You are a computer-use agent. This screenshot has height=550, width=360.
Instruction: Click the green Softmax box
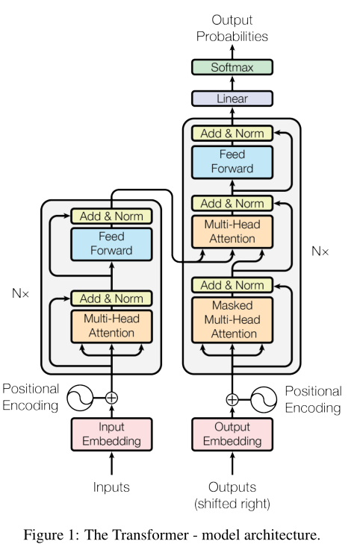click(x=232, y=67)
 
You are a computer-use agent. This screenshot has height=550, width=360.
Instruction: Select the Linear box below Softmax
click(x=232, y=99)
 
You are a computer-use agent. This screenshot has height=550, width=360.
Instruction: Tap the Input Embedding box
click(x=112, y=434)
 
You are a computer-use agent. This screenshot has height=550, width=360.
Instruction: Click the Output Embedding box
click(x=232, y=434)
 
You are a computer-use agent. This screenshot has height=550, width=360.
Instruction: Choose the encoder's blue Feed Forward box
click(x=112, y=243)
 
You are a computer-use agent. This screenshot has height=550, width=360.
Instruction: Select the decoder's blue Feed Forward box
click(x=232, y=161)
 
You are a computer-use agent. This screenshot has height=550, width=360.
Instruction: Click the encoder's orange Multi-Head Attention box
click(x=112, y=325)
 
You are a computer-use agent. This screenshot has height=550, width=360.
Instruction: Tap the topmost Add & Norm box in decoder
click(x=232, y=134)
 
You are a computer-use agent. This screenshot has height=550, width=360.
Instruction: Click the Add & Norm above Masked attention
click(x=232, y=285)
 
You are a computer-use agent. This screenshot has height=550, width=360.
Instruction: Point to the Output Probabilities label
click(x=232, y=28)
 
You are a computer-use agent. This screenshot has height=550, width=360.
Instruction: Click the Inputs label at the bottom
click(x=112, y=487)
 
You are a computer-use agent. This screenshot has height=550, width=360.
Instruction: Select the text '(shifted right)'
click(x=232, y=504)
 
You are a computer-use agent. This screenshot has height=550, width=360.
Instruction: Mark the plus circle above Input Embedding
click(x=112, y=398)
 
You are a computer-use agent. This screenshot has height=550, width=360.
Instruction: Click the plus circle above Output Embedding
click(x=232, y=399)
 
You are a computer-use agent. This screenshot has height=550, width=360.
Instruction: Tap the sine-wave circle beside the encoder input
click(x=79, y=398)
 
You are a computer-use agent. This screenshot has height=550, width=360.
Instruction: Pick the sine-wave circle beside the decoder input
click(x=264, y=399)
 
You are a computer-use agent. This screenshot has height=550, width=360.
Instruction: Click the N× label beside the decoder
click(x=320, y=251)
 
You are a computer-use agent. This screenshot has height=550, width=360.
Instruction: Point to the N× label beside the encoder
click(x=20, y=294)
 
